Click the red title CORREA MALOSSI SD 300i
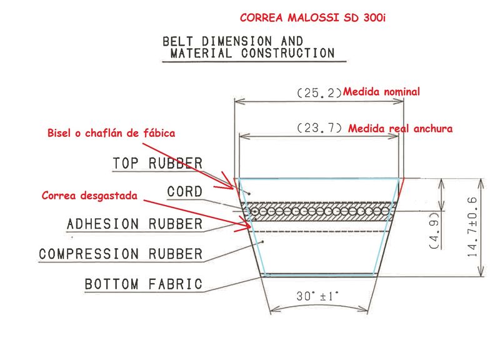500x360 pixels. [312, 17]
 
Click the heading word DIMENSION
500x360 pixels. [236, 41]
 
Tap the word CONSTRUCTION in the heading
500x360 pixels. [287, 53]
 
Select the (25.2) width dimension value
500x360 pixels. [319, 92]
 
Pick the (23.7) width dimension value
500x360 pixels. [319, 128]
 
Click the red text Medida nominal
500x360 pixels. [381, 92]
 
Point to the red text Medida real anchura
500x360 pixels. [400, 129]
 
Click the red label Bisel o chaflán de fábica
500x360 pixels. [111, 133]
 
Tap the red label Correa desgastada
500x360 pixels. [89, 196]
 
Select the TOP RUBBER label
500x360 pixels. [157, 163]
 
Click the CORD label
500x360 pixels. [184, 192]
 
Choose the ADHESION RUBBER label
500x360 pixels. [134, 224]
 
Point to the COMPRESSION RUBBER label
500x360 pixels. [121, 254]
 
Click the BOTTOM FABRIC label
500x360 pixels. [144, 284]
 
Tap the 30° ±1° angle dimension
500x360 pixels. [317, 296]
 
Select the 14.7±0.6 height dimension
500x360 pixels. [472, 227]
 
